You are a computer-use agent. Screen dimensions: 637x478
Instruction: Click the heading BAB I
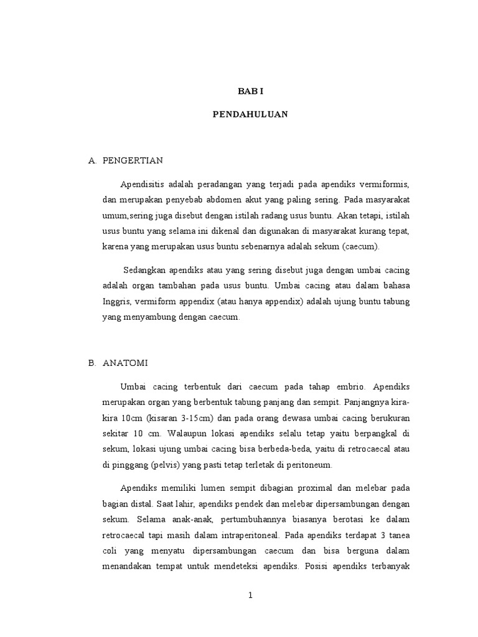point(251,91)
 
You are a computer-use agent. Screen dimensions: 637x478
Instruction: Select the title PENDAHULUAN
point(250,114)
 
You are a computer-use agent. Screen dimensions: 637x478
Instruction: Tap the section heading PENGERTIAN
point(133,160)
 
